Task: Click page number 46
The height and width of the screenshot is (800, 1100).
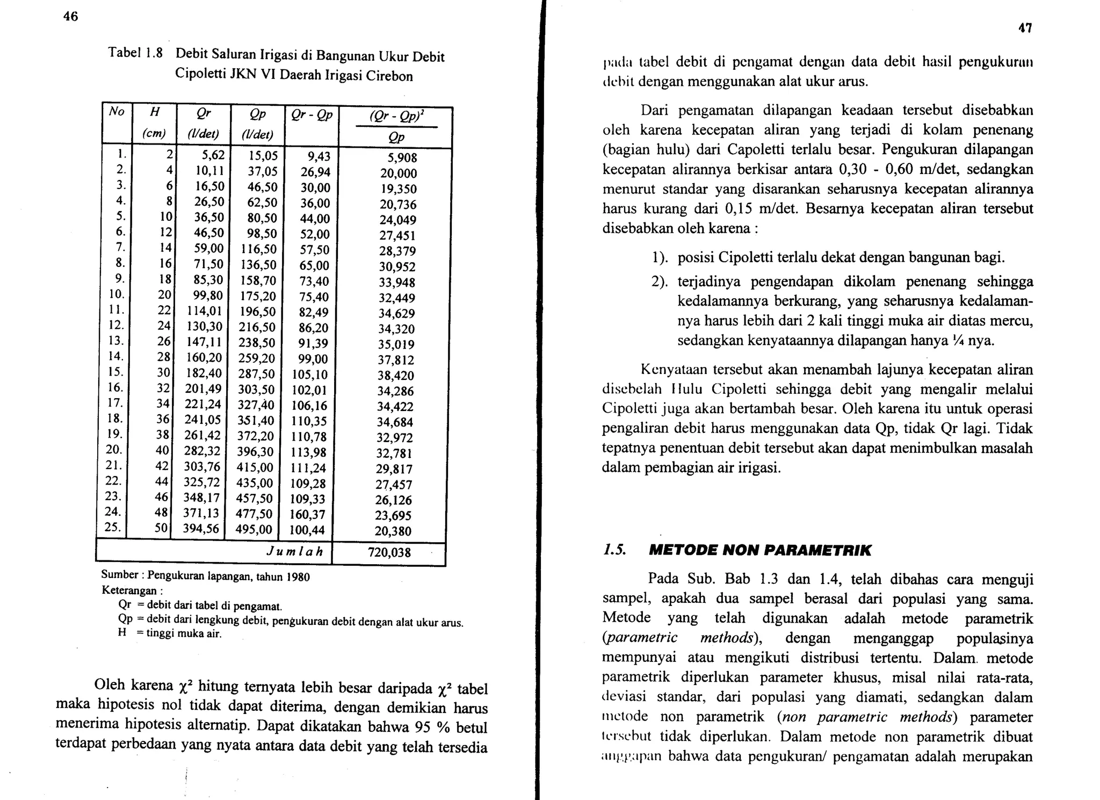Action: [70, 17]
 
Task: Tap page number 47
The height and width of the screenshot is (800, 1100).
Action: [1025, 28]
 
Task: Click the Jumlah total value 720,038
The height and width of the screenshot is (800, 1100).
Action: [389, 552]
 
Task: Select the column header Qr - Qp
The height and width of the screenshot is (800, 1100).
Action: [312, 115]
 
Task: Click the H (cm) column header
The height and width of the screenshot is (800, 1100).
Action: [154, 122]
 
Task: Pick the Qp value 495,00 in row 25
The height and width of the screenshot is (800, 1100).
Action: [254, 530]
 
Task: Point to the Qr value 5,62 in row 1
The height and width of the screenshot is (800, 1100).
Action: [213, 156]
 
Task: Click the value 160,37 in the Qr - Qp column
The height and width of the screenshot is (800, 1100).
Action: [307, 515]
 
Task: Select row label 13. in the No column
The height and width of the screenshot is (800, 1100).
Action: [116, 341]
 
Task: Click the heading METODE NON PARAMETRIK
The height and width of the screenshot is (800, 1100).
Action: [760, 550]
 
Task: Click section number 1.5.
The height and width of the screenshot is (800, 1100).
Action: [613, 550]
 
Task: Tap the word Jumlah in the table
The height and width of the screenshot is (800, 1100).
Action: [295, 552]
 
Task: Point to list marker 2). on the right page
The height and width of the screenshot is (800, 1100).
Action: [660, 282]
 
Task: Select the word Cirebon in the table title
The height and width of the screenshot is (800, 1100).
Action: [389, 76]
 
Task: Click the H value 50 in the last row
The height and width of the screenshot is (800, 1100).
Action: [161, 528]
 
